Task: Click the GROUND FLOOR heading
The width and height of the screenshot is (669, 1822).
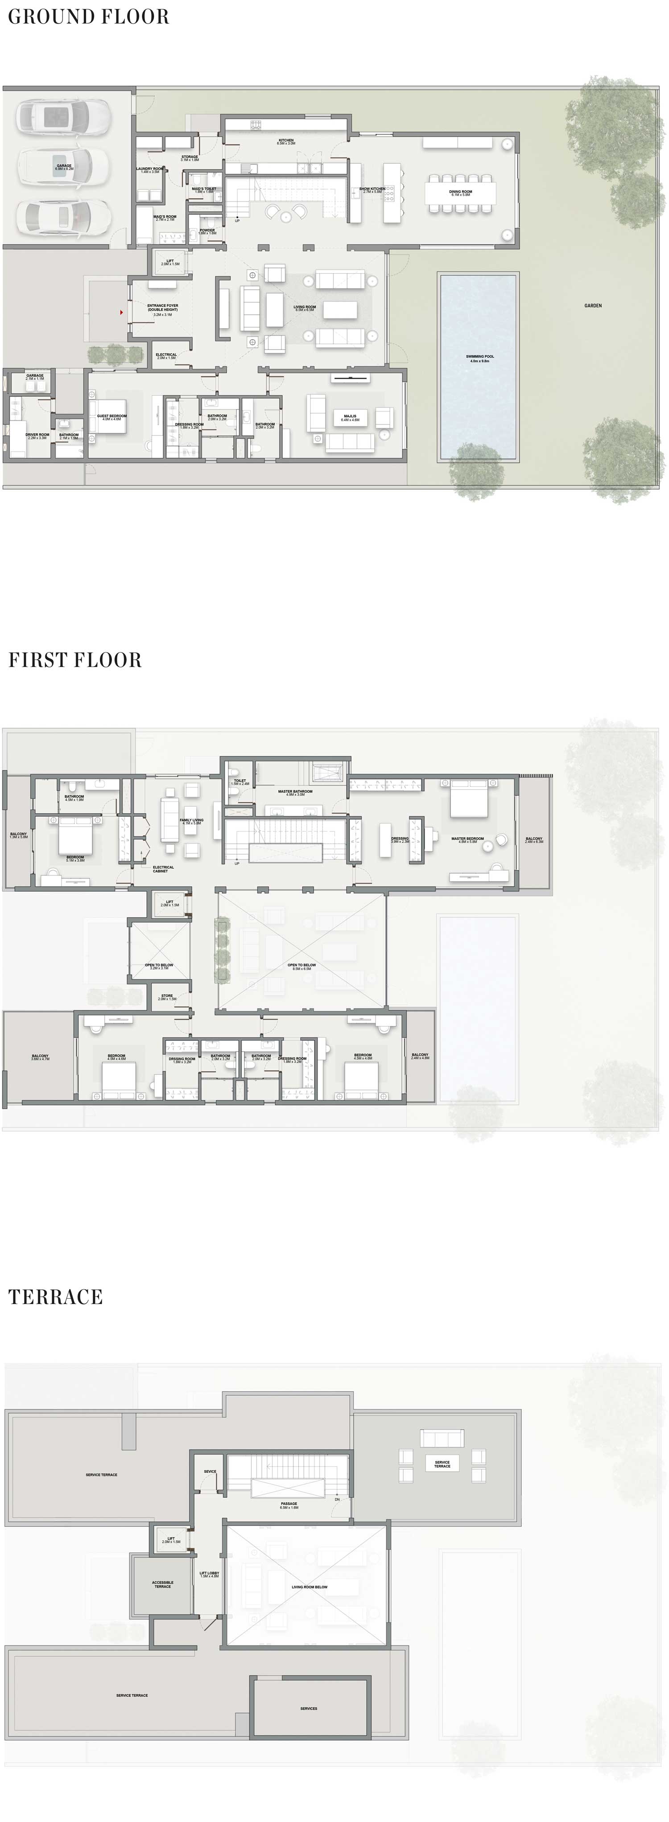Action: point(88,17)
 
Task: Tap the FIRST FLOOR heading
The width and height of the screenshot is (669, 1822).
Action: point(75,660)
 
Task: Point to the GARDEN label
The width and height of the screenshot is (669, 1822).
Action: point(593,305)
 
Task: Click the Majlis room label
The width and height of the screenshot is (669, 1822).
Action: point(350,417)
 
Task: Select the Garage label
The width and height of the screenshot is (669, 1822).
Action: point(64,167)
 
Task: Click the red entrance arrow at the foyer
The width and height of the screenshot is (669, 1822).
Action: point(122,311)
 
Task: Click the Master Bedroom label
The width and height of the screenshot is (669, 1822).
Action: point(467,839)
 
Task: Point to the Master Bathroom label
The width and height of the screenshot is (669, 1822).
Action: point(295,792)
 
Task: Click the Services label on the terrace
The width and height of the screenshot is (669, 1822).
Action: point(309,1708)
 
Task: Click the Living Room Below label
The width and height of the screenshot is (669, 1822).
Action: point(310,1587)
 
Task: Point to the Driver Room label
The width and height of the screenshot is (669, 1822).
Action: point(37,436)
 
